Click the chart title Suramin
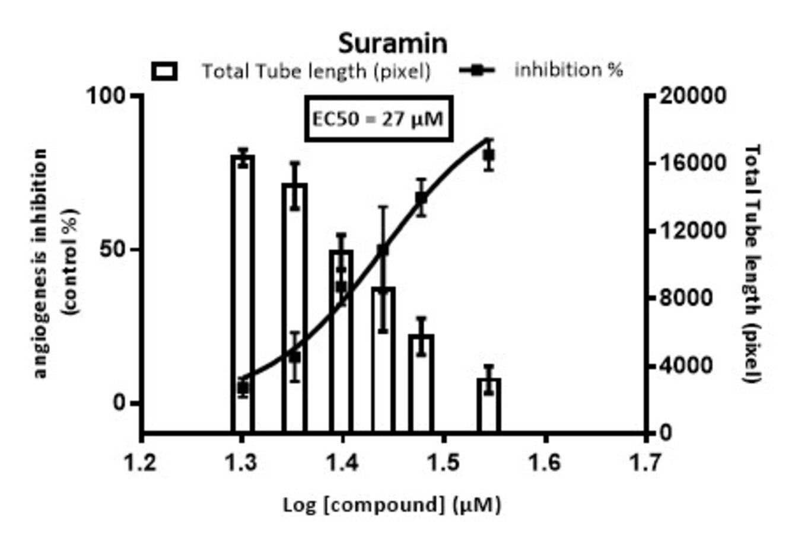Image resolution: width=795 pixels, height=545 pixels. (393, 44)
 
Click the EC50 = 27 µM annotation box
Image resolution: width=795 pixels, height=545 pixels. (378, 119)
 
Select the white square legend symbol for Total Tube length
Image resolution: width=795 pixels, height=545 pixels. (164, 71)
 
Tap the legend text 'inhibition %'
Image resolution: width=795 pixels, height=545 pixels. (568, 70)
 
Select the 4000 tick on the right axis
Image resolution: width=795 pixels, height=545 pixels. (686, 365)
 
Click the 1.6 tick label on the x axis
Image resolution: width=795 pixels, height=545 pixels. (545, 462)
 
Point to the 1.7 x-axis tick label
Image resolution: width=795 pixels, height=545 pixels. (645, 462)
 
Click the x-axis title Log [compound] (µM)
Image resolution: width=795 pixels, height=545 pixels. (392, 505)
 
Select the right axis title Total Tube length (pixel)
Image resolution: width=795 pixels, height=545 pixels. (752, 264)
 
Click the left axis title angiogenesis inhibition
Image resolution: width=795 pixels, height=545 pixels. (40, 264)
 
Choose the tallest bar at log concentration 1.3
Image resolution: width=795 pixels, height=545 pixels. (242, 294)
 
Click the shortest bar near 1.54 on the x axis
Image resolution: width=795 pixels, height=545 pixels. (489, 406)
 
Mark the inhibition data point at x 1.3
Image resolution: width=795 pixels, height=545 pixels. (242, 387)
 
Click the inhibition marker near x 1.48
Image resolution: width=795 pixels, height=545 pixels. (421, 198)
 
